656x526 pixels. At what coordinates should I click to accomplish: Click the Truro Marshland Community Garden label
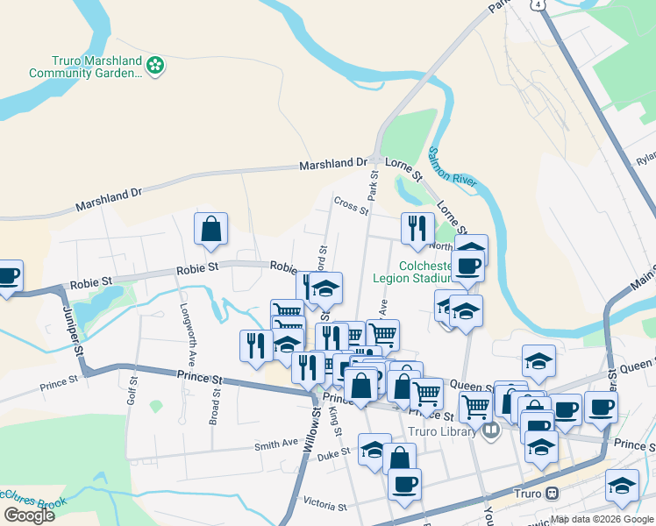(84, 67)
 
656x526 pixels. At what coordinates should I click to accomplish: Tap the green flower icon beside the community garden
(155, 65)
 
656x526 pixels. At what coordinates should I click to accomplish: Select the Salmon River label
(453, 166)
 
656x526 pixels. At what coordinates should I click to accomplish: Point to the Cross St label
(350, 203)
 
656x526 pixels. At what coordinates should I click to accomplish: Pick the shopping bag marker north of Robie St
(211, 230)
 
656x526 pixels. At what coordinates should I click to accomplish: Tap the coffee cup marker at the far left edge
(7, 276)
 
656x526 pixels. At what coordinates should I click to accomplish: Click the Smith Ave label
(277, 445)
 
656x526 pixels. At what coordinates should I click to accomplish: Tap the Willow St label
(308, 438)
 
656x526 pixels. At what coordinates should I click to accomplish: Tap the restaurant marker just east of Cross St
(417, 229)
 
